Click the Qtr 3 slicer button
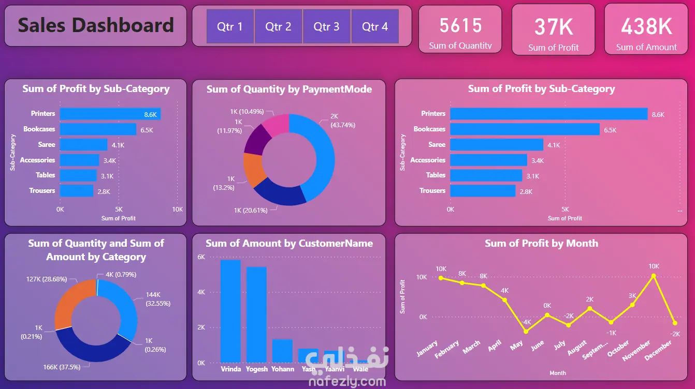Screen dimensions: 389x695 click(326, 26)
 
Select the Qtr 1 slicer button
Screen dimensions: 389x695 click(230, 26)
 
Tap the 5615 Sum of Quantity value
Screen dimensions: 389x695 click(460, 25)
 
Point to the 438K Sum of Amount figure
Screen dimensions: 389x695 click(646, 26)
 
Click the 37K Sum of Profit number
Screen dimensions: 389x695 click(554, 26)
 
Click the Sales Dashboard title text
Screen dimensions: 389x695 click(96, 25)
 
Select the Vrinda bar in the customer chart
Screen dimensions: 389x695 click(230, 311)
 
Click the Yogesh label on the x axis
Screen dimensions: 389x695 click(257, 369)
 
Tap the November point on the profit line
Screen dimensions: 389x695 click(654, 276)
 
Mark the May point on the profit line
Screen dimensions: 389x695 click(526, 332)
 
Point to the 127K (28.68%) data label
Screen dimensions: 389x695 click(46, 279)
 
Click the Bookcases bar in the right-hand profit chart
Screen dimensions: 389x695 click(525, 129)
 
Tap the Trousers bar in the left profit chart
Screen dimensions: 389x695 click(77, 191)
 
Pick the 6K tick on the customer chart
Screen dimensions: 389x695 click(201, 257)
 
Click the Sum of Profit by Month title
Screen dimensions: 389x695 click(541, 243)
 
